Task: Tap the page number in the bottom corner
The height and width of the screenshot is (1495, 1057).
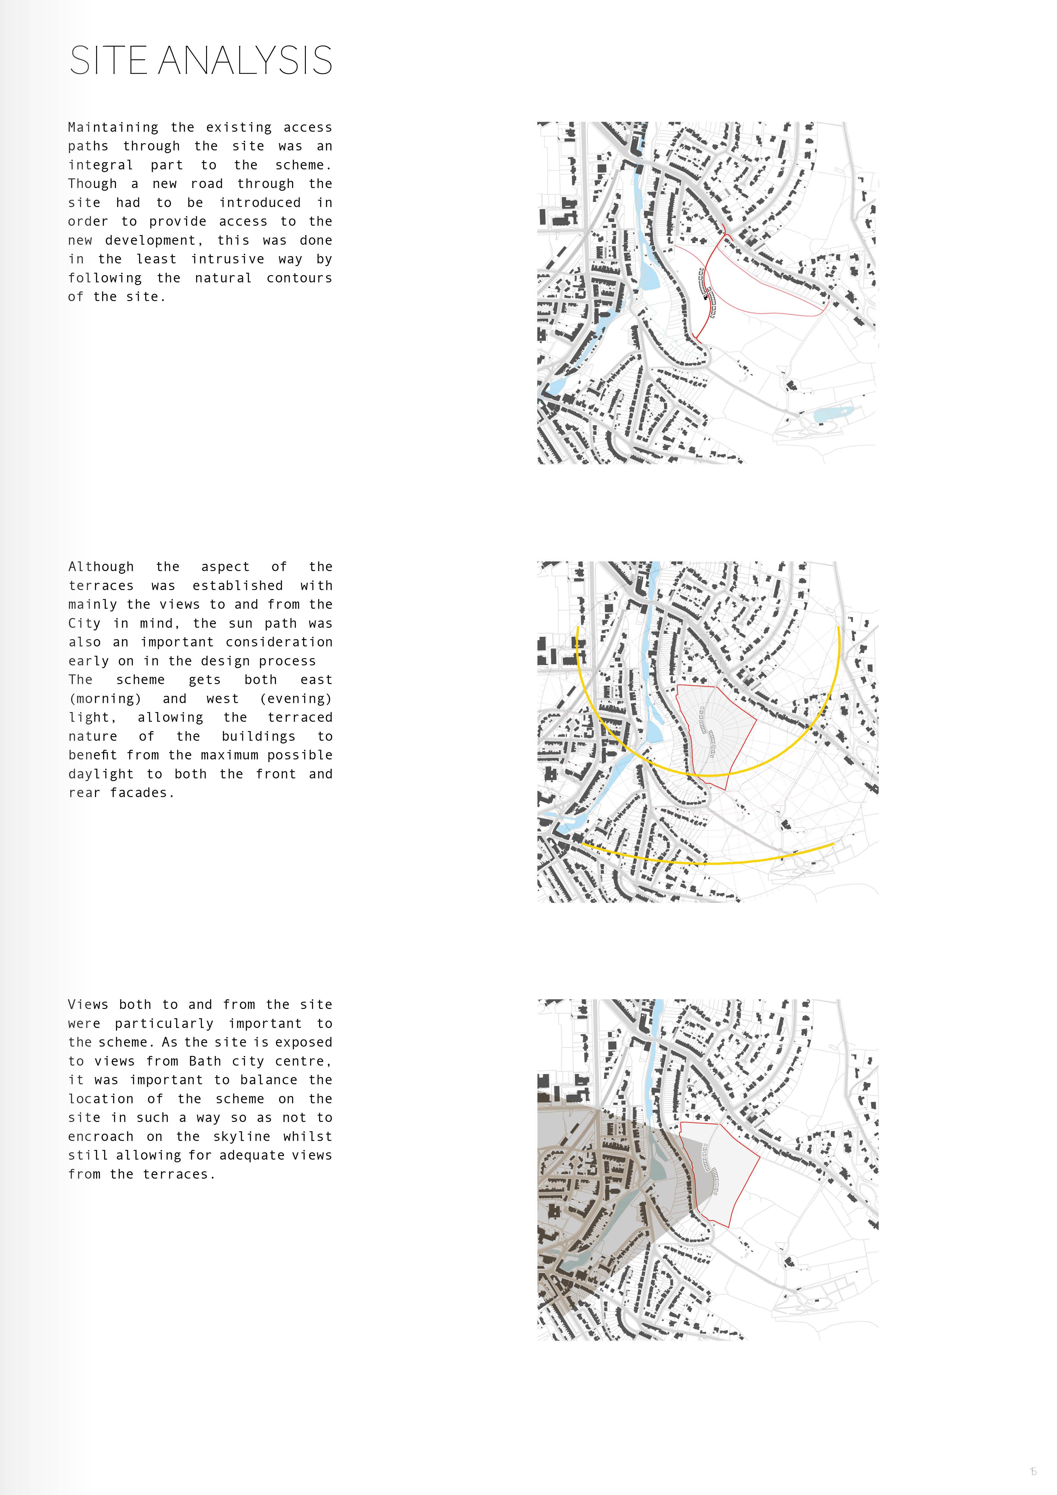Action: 1033,1471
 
